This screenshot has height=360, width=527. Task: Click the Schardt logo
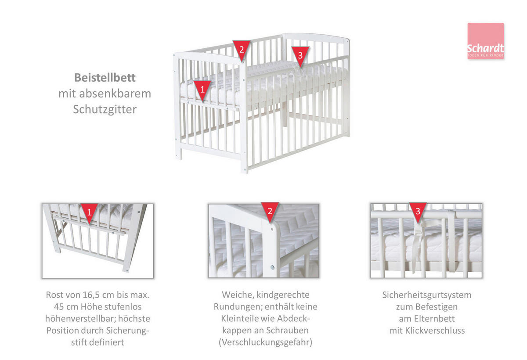point(486,41)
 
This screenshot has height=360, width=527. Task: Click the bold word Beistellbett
point(105,78)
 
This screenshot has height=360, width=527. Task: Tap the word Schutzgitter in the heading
point(105,109)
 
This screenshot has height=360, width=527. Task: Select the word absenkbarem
point(115,94)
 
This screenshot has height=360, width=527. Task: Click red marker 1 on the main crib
point(202,90)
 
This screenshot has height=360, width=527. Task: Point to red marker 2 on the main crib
point(242,50)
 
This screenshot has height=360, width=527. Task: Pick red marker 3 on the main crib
point(300,56)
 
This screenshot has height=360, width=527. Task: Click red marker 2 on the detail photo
point(270,212)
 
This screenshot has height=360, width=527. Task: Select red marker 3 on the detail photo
point(418,212)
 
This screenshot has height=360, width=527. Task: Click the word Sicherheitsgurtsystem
point(427,295)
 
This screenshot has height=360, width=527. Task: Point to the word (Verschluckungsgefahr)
point(265,342)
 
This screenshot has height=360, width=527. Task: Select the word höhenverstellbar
point(80,319)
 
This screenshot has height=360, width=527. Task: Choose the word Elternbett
point(434,319)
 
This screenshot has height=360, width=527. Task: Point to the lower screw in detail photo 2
point(272,267)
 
